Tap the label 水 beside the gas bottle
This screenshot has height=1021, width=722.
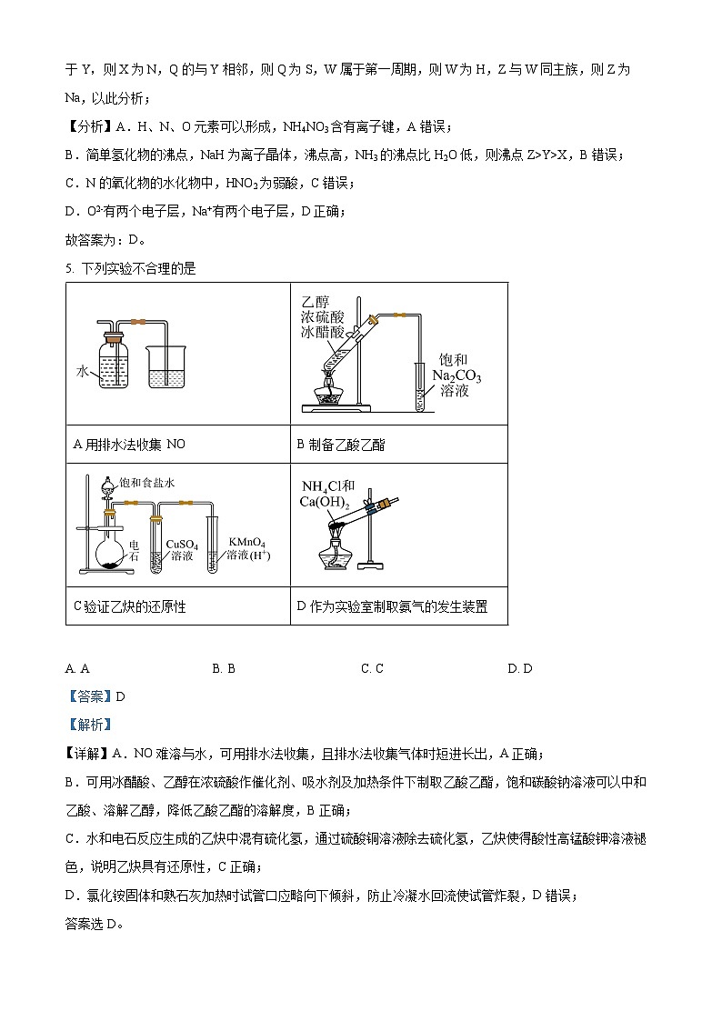(83, 372)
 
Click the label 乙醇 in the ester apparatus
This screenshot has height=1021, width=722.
(315, 301)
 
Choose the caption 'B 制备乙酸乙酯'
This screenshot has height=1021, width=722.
(341, 445)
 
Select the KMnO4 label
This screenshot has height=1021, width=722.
(246, 541)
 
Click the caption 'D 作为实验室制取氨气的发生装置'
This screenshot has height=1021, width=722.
(392, 606)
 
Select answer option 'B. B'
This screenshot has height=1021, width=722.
(224, 668)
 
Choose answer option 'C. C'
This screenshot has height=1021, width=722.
(372, 668)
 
